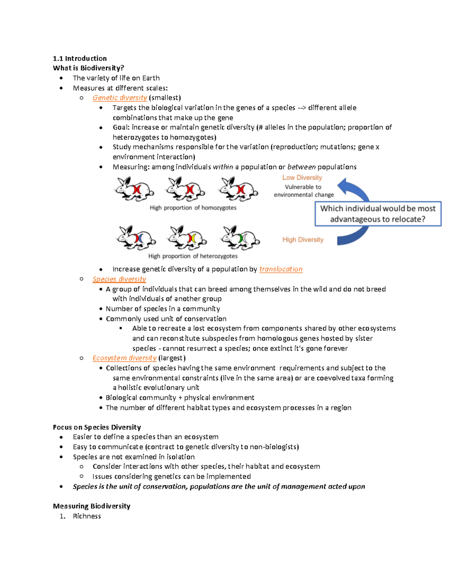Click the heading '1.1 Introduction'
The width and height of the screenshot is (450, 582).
(x=79, y=58)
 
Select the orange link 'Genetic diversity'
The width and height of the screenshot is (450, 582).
(x=120, y=98)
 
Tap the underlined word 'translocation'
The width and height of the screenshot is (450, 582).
(x=281, y=269)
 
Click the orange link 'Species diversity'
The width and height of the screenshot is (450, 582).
(x=119, y=279)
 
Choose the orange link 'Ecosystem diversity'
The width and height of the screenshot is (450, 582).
(x=124, y=358)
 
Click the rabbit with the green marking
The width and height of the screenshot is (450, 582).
(x=240, y=238)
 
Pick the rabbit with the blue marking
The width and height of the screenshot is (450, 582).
(x=136, y=238)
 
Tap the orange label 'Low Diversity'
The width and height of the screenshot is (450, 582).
(x=302, y=178)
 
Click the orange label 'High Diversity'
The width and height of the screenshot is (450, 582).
(x=303, y=240)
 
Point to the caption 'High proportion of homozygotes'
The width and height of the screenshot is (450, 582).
(x=193, y=208)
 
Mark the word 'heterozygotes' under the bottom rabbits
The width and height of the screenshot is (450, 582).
(x=219, y=256)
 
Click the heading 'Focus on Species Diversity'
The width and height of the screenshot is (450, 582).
(x=97, y=427)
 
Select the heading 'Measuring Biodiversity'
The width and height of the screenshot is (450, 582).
(x=91, y=506)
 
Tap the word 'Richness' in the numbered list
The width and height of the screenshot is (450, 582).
(x=87, y=516)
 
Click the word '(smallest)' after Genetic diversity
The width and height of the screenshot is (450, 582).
(x=165, y=98)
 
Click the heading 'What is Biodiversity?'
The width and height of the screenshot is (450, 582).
(x=88, y=68)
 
